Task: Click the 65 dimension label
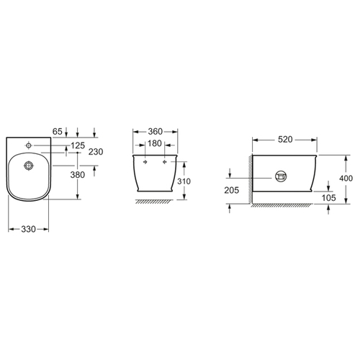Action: pyautogui.click(x=57, y=132)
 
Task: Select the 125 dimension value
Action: pyautogui.click(x=78, y=145)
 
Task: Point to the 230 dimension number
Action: pyautogui.click(x=96, y=152)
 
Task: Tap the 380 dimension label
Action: pyautogui.click(x=78, y=175)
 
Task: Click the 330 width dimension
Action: pyautogui.click(x=28, y=229)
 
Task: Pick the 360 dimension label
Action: pyautogui.click(x=156, y=132)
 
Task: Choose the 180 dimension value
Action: pyautogui.click(x=155, y=143)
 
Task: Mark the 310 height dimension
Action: pyautogui.click(x=184, y=181)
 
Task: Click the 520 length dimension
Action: pyautogui.click(x=285, y=140)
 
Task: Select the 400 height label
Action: pyautogui.click(x=346, y=179)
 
